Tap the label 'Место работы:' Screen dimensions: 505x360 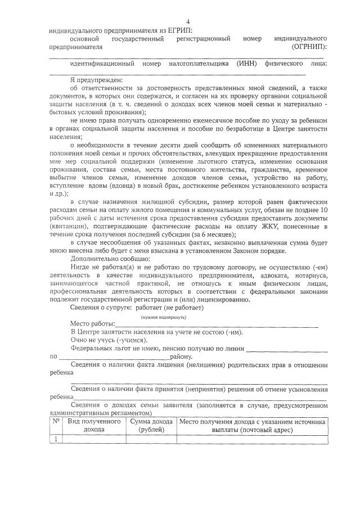(x=92, y=324)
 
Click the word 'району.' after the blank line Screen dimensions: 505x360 (x=182, y=357)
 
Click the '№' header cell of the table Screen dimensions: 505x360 (x=56, y=421)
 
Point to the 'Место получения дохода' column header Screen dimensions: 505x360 (x=252, y=425)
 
